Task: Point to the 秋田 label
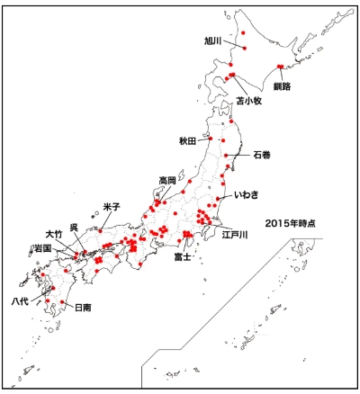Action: (188, 141)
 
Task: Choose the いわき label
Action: (247, 194)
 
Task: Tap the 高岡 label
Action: (167, 180)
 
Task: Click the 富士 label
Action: (184, 256)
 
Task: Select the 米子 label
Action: (112, 207)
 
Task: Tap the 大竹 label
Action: (55, 234)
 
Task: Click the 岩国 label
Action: (40, 246)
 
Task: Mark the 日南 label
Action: (83, 307)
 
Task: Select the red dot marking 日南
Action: (63, 301)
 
